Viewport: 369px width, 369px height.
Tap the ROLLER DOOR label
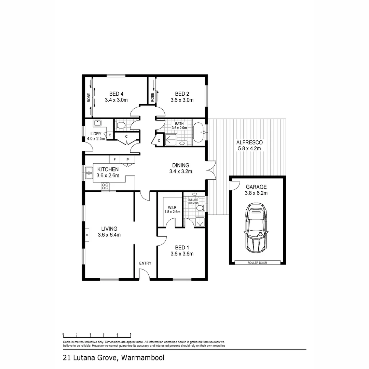pos(257,263)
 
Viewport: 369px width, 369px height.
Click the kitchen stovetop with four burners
pos(105,186)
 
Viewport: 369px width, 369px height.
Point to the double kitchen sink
pos(89,173)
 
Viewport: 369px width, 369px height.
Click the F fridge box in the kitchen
pos(114,159)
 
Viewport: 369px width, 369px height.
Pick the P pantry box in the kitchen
pos(127,159)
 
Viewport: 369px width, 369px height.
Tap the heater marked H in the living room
pos(87,235)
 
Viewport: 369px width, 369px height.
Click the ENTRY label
pos(145,263)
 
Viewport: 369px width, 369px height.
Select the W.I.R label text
pos(172,207)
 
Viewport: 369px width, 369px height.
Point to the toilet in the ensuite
pos(201,208)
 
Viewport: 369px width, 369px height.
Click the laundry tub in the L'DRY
pos(98,123)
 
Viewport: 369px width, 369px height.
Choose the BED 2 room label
pos(182,94)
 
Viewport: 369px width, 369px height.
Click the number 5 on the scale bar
pos(131,334)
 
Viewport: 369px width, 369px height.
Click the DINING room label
pos(180,165)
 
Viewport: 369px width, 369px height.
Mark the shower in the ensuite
pos(200,222)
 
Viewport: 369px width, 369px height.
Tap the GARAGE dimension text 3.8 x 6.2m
pos(256,193)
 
